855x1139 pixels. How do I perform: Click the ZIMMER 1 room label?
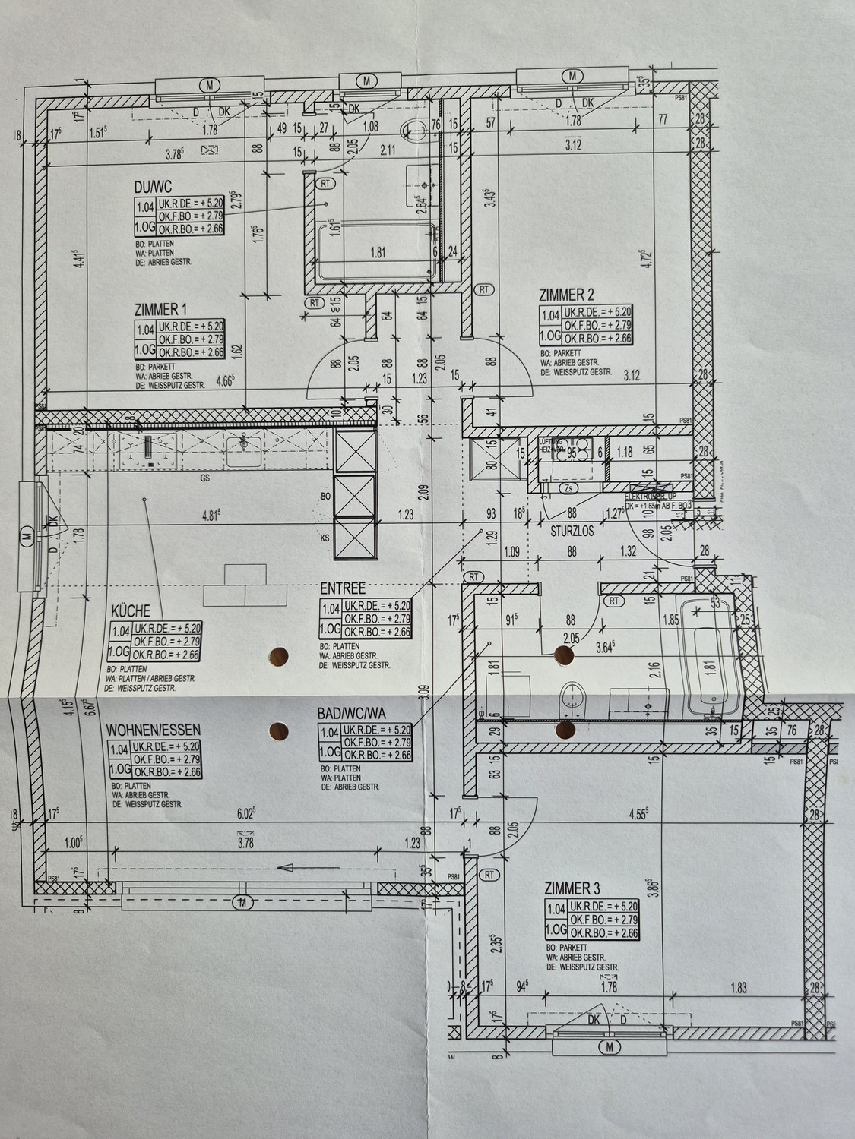click(160, 309)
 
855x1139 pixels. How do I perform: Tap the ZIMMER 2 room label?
click(566, 295)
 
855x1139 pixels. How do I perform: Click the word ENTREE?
click(343, 588)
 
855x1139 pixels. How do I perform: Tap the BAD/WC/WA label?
click(352, 714)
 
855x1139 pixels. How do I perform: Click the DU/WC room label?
click(152, 187)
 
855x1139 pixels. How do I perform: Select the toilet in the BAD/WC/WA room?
click(571, 698)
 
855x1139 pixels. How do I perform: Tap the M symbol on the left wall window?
click(27, 536)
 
